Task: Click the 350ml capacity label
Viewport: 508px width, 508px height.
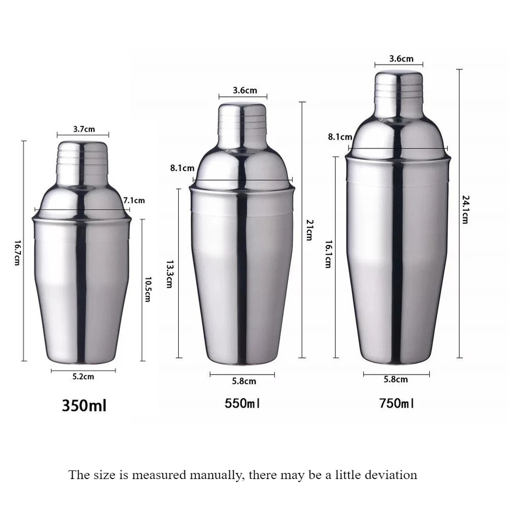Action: [x=84, y=406]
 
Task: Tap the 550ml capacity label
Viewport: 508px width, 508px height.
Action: [x=242, y=404]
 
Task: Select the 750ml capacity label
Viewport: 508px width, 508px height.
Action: [x=396, y=404]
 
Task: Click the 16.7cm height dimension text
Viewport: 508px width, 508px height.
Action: [x=17, y=252]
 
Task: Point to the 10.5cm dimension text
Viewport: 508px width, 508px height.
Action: [x=148, y=289]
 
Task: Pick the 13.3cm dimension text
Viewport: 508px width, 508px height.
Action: [x=170, y=274]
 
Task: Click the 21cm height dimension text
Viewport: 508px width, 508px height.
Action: [x=308, y=230]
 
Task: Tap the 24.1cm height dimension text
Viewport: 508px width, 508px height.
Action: [x=465, y=209]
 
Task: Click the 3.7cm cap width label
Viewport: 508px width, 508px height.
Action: [x=84, y=130]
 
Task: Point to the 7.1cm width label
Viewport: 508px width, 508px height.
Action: [x=134, y=201]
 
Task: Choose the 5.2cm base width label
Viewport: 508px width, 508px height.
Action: [x=83, y=377]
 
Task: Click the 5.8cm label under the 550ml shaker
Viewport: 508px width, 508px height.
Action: [x=244, y=381]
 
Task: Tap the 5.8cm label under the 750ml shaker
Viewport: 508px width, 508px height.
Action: [x=396, y=379]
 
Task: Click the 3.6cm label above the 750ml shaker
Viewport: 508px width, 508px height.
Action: [x=401, y=58]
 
